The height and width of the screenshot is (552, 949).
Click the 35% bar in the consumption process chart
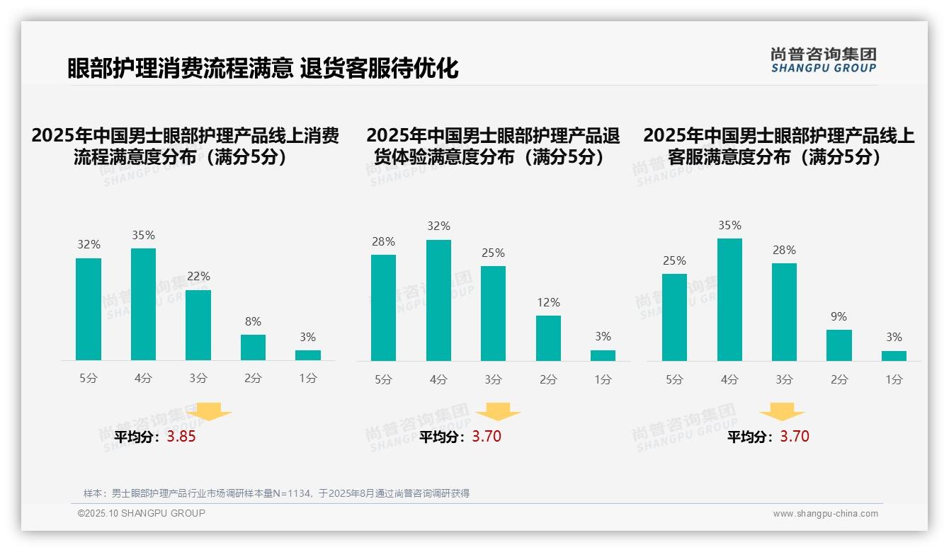(x=143, y=304)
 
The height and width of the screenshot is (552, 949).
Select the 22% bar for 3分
(x=198, y=325)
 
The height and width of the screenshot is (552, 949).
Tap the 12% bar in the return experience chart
(x=548, y=338)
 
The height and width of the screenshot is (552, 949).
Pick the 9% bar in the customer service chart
(x=839, y=345)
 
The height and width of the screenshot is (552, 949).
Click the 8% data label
(x=253, y=321)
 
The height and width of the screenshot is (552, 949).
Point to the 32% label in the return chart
(x=438, y=226)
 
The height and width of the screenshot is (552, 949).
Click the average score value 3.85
(x=181, y=437)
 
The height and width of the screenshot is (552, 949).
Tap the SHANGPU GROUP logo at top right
(x=824, y=60)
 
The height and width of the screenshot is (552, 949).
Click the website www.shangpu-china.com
(x=825, y=514)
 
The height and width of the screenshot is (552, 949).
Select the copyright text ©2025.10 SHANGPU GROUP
(x=142, y=513)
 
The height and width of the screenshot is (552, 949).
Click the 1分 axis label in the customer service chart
(x=894, y=380)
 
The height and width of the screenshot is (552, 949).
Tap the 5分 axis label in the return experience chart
(x=383, y=380)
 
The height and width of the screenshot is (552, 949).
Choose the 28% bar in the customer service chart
(x=784, y=312)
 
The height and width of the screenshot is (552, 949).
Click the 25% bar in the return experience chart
(x=493, y=314)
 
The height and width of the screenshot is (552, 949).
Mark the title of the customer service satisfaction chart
(x=778, y=146)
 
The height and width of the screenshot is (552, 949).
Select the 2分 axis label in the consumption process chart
(x=253, y=379)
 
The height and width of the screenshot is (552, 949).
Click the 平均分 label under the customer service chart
(x=751, y=437)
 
